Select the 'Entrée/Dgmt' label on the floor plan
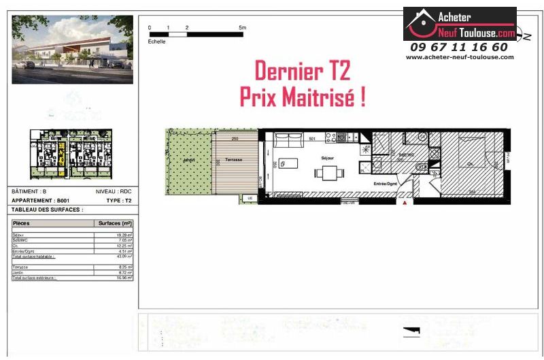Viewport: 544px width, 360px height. (x=386, y=184)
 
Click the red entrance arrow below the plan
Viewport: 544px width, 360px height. (x=407, y=202)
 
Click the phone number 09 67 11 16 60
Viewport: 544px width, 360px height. (x=459, y=47)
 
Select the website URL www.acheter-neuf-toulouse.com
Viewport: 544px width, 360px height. (x=460, y=57)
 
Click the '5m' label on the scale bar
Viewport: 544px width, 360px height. (x=242, y=27)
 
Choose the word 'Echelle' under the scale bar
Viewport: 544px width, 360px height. (x=157, y=42)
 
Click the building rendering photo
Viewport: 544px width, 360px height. (x=72, y=50)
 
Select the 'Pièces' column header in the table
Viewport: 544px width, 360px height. (x=22, y=223)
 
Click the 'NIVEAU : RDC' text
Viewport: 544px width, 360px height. (x=114, y=192)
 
